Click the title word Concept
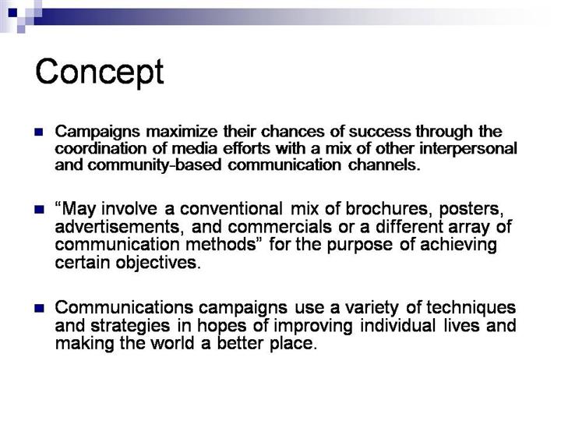tap(100, 72)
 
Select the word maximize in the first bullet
tap(182, 132)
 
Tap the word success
tap(379, 132)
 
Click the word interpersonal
tap(468, 149)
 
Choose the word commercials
tap(280, 227)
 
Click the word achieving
tap(458, 245)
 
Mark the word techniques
tap(471, 308)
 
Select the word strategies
tap(130, 326)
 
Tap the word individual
tap(397, 325)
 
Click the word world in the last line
tap(173, 343)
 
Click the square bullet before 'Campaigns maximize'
tap(39, 132)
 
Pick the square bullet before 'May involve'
tap(39, 209)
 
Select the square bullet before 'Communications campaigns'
tap(39, 308)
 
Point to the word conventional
tap(231, 209)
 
